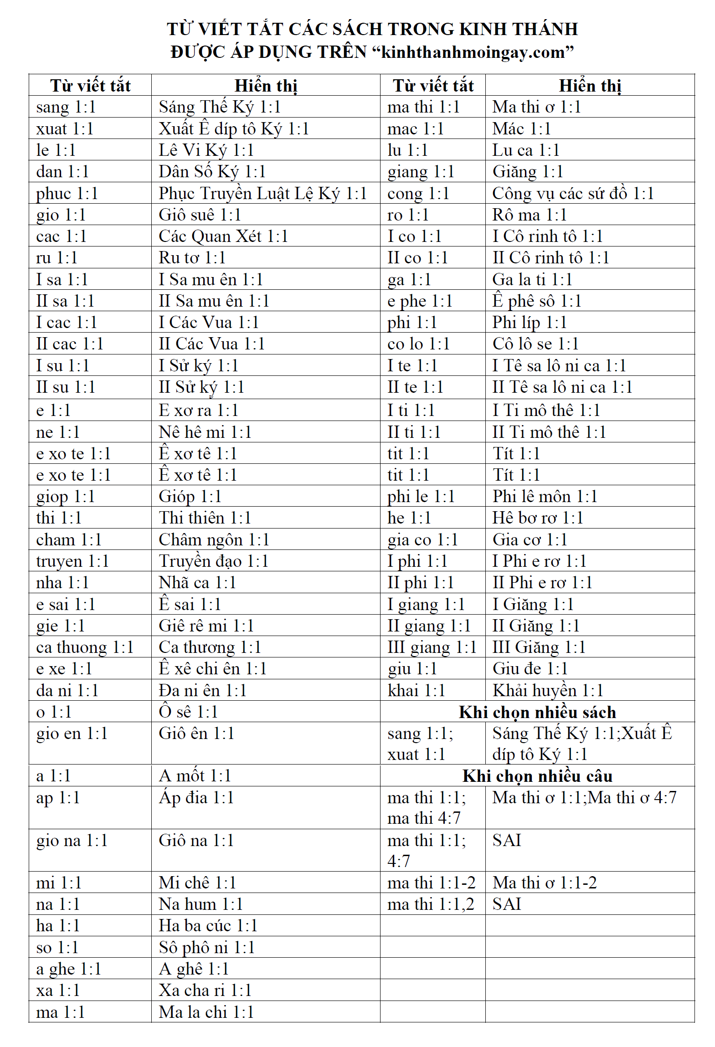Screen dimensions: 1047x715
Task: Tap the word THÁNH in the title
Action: (x=545, y=29)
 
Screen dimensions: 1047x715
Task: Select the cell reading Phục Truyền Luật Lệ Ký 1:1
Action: (x=262, y=193)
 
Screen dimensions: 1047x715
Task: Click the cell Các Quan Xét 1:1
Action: (x=223, y=236)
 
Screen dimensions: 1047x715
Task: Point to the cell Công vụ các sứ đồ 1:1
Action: (x=573, y=193)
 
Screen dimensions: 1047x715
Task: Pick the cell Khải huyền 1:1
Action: (x=548, y=690)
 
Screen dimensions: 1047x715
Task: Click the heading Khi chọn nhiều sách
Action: (x=537, y=712)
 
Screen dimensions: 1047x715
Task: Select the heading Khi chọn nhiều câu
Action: (x=537, y=776)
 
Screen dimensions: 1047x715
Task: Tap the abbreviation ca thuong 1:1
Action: (x=85, y=647)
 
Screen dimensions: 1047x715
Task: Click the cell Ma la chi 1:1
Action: (x=206, y=1012)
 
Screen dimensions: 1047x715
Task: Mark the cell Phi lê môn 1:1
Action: (x=545, y=496)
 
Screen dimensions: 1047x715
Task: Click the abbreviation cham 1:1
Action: (x=69, y=539)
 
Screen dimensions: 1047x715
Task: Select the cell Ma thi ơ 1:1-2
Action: (x=545, y=883)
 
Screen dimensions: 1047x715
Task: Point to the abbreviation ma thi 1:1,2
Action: (x=431, y=904)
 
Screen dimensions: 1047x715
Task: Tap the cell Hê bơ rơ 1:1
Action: (x=538, y=518)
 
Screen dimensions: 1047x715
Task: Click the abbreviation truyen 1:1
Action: (x=72, y=561)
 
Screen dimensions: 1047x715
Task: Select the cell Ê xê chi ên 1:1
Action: (x=212, y=668)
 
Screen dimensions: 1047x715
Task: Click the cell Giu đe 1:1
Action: (x=530, y=668)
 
